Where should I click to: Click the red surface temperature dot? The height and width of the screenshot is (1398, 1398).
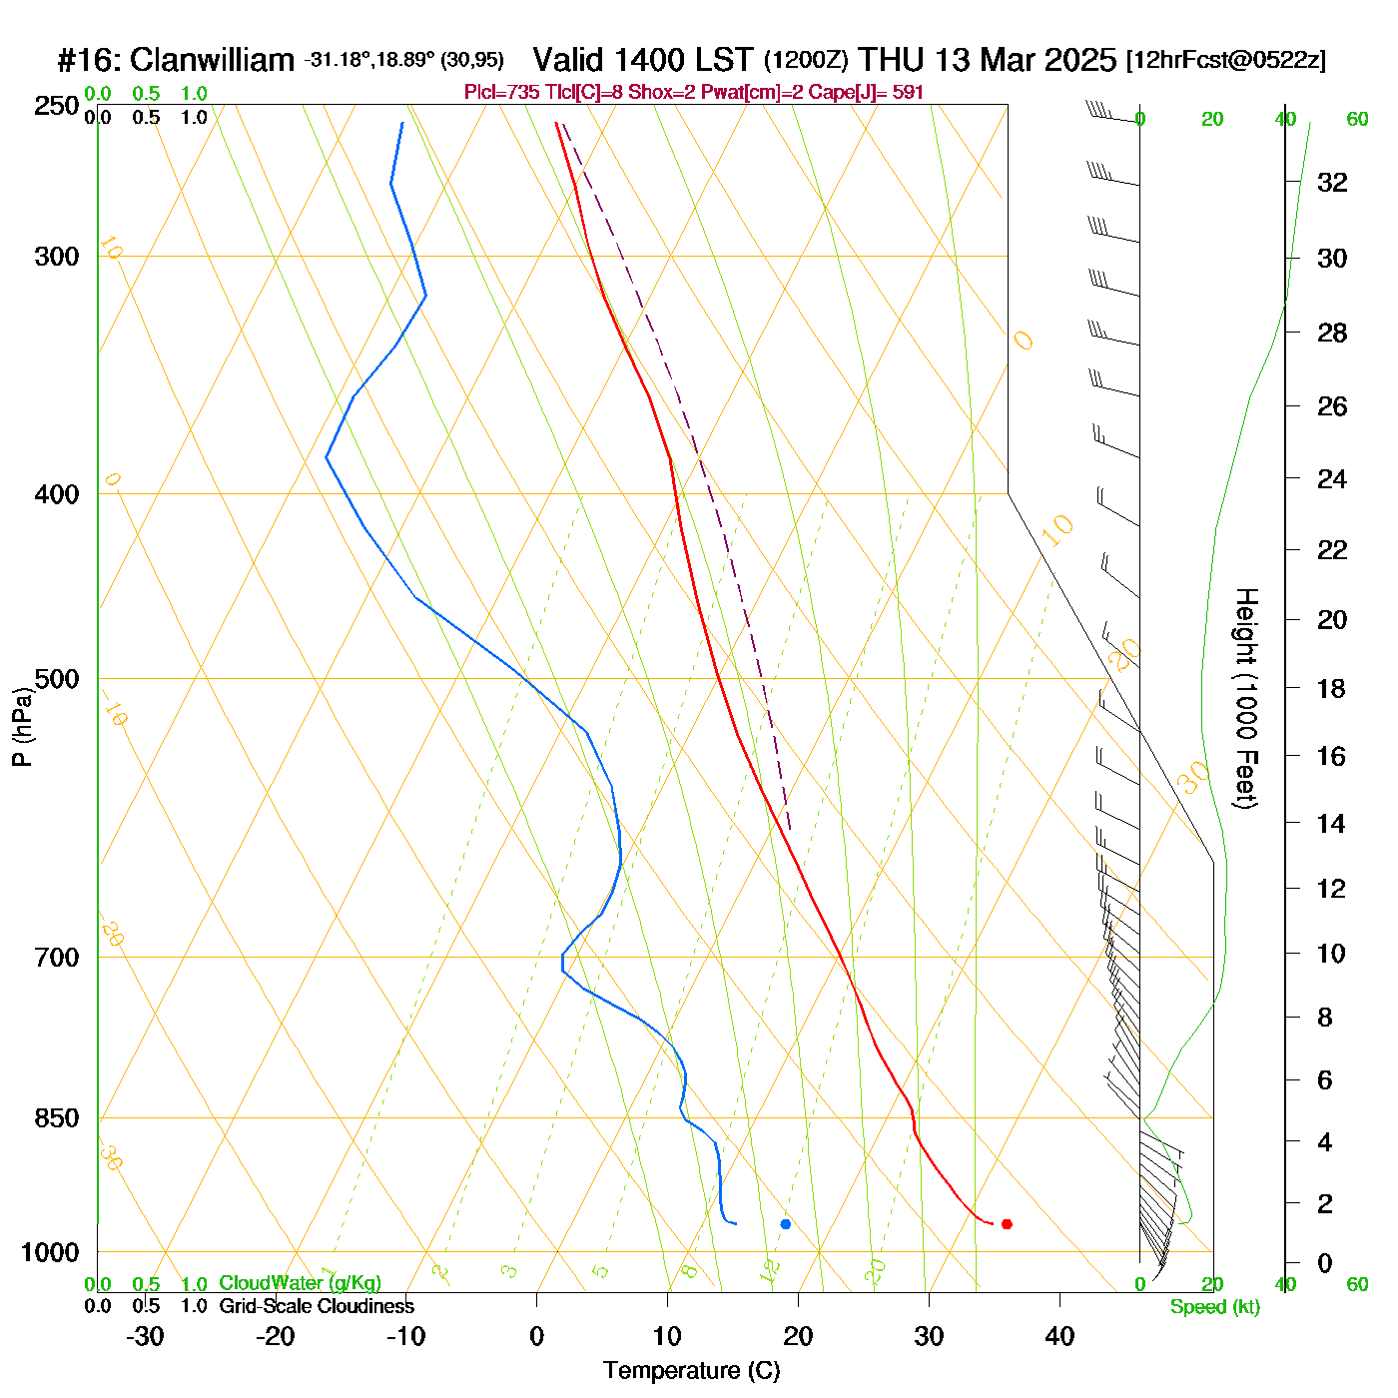click(1007, 1224)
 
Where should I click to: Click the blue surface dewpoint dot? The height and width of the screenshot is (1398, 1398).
click(786, 1224)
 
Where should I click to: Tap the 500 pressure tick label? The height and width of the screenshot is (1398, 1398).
click(58, 679)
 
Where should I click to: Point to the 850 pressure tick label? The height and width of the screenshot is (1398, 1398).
click(58, 1118)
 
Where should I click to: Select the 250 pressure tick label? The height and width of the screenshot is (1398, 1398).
click(58, 106)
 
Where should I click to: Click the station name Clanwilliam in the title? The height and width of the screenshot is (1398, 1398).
click(212, 60)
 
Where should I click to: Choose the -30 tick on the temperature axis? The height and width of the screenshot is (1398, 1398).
click(145, 1336)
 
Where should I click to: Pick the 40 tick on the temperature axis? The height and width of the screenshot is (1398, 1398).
click(1059, 1336)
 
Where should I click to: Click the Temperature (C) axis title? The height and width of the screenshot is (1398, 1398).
click(691, 1371)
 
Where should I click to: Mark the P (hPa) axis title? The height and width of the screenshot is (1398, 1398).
click(22, 726)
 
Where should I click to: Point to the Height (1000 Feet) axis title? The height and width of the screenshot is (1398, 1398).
click(1245, 698)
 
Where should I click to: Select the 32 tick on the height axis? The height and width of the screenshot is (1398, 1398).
click(1332, 183)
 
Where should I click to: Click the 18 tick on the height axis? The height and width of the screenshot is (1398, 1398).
click(1332, 688)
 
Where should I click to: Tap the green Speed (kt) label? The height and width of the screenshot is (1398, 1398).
click(1214, 1307)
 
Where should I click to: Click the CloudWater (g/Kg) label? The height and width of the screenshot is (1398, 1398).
click(300, 1283)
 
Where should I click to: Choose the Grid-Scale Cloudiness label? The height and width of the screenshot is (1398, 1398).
click(316, 1306)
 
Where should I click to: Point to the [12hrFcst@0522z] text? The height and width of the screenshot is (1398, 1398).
click(1226, 60)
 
